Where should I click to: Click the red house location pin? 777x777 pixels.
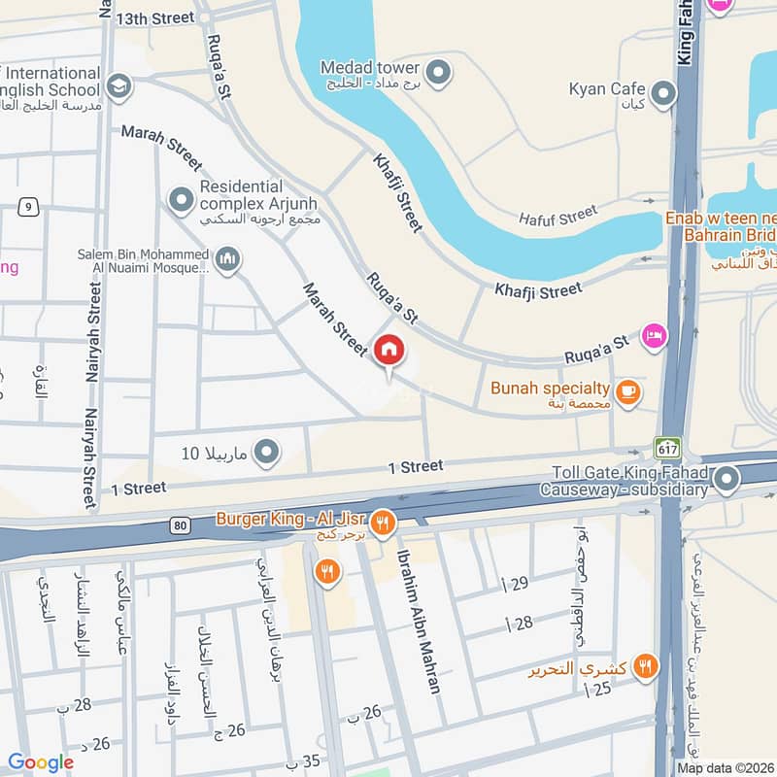click(x=389, y=350)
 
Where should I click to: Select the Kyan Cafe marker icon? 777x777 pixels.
click(x=664, y=93)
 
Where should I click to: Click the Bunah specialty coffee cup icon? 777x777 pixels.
click(x=628, y=390)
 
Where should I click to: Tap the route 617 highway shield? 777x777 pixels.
click(x=667, y=448)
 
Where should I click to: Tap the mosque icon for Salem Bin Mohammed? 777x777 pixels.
click(x=228, y=259)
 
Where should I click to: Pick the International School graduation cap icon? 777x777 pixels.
click(x=119, y=86)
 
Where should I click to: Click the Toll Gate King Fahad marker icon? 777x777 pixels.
click(x=727, y=478)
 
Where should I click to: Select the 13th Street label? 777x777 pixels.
click(x=155, y=18)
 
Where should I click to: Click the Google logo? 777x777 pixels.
click(x=41, y=762)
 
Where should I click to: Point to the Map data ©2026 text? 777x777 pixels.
click(x=725, y=767)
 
